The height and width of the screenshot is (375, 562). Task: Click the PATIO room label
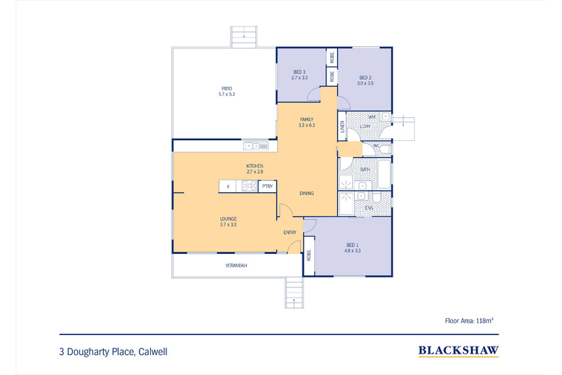pos(226,88)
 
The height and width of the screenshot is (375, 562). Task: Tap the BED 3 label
pos(299,73)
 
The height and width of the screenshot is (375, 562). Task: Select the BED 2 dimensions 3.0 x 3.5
pos(365,83)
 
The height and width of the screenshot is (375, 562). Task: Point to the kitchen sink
pos(255,146)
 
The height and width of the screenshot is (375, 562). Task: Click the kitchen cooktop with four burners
pos(249,186)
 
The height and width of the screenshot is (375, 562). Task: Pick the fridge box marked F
pos(228,186)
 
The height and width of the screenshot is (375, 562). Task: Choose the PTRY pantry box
pos(267,186)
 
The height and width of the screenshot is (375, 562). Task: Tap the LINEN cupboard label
pos(342,127)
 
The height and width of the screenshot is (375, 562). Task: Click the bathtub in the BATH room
pos(382,175)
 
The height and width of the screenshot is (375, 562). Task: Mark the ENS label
pos(369,208)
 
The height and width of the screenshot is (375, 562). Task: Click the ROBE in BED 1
pos(309,256)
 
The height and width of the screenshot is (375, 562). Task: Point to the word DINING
pos(307,193)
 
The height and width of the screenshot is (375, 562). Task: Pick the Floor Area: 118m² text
pos(468,321)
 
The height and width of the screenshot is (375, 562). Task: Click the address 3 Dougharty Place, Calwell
pos(114,351)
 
